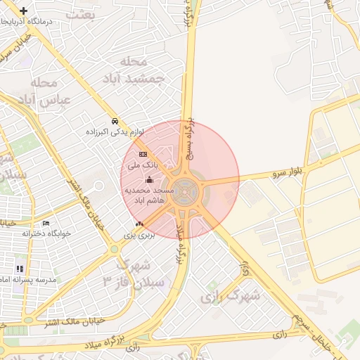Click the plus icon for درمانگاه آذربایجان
coord(24,11)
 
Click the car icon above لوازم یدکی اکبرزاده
coord(115,120)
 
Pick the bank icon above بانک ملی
coord(143,154)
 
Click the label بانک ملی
coord(142,165)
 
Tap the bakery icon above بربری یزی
coord(139,224)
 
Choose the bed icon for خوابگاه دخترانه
coord(46,223)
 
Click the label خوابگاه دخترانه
coord(46,233)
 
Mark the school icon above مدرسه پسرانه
coord(20,268)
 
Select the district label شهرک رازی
coord(230,295)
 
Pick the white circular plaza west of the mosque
coord(98,186)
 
